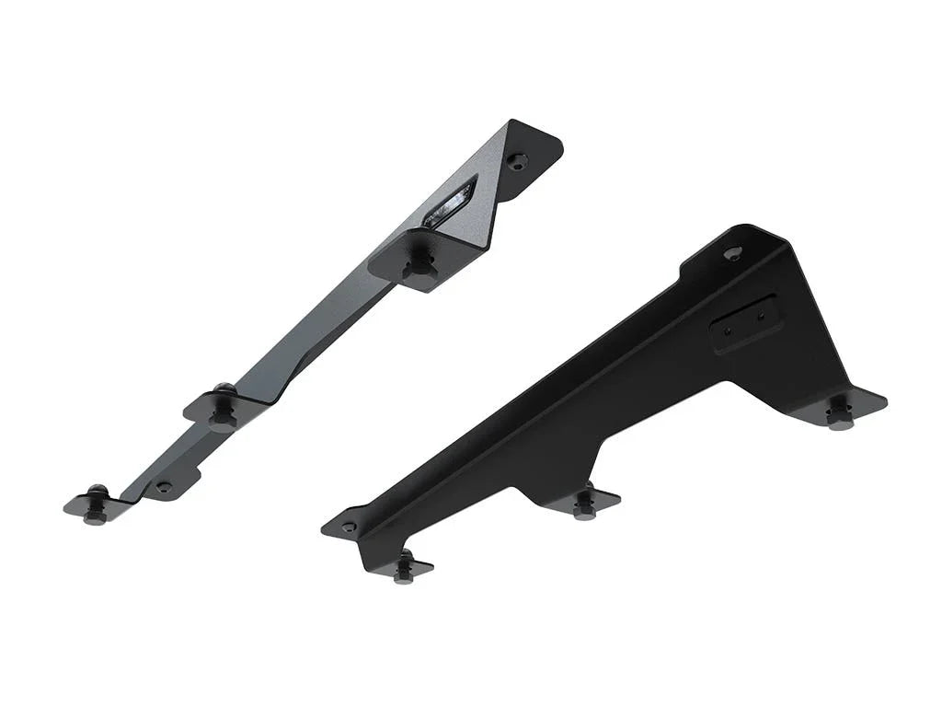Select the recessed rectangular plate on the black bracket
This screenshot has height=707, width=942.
click(x=747, y=322)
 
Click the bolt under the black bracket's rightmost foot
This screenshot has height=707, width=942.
click(x=838, y=413)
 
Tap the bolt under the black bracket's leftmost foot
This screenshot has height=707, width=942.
click(x=403, y=567)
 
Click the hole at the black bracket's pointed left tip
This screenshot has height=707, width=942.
click(x=348, y=527)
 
